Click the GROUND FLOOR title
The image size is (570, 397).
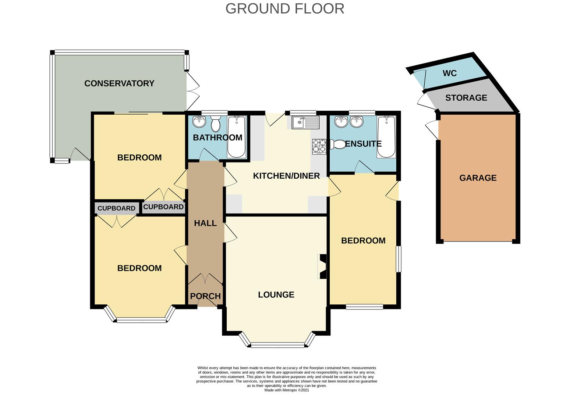[x=285, y=9]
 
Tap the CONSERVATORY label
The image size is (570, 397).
[x=119, y=83]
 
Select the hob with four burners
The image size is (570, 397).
[x=319, y=147]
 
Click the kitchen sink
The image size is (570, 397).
[x=305, y=122]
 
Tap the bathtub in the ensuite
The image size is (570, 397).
[x=386, y=137]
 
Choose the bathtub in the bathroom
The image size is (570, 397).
[x=237, y=137]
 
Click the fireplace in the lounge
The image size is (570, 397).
[x=322, y=267]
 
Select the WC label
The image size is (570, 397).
[x=450, y=73]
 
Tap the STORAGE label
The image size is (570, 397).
[x=466, y=98]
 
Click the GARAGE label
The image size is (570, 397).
[x=478, y=178]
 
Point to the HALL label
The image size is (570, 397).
[x=205, y=223]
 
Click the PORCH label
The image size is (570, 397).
[x=205, y=296]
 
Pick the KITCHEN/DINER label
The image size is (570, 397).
[x=286, y=176]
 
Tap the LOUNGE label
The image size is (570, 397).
[x=276, y=294]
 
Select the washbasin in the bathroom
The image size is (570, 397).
[x=199, y=122]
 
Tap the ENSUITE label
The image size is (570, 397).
[x=363, y=144]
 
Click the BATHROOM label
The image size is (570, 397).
[x=217, y=137]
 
